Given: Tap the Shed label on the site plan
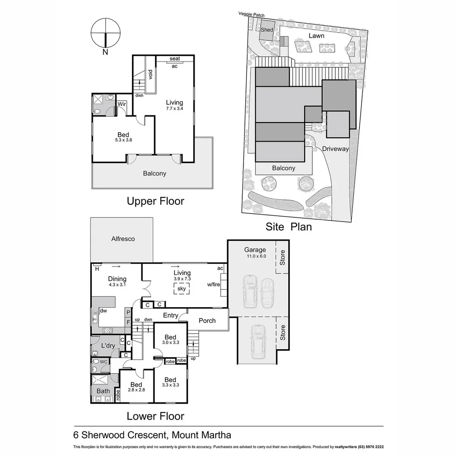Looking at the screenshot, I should (x=267, y=30).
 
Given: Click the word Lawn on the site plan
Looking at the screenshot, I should (x=316, y=36).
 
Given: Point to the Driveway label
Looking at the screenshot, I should (x=335, y=149).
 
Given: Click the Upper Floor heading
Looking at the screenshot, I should (x=155, y=201).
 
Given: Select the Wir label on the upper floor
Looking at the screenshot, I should (x=122, y=104).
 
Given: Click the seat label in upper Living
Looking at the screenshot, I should (x=174, y=59).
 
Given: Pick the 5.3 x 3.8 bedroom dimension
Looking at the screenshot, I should (x=123, y=140).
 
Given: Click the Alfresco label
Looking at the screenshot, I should (x=123, y=239).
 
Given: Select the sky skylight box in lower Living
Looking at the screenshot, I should (x=182, y=289).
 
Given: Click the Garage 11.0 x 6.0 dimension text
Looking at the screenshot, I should (x=256, y=256).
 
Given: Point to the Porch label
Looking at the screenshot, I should (x=207, y=321).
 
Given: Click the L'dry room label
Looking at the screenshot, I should (x=108, y=346).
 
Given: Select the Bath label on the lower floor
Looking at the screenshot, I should (x=103, y=391).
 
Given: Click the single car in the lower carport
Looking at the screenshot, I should (x=257, y=342).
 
